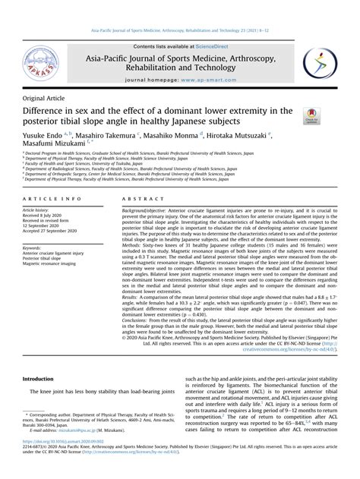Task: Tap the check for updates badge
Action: [311, 115]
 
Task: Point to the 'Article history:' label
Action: [39, 210]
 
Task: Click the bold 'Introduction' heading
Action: [38, 378]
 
